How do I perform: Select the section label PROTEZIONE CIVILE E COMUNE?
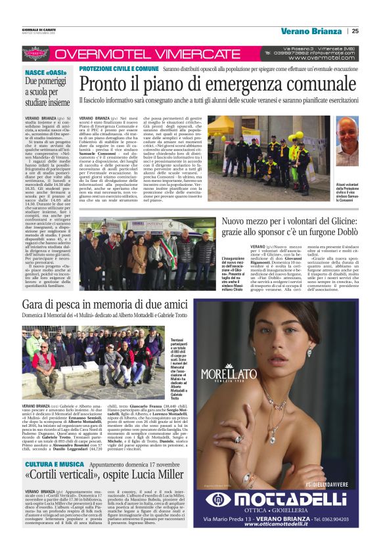pyautogui.click(x=118, y=68)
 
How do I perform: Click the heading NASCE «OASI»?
pyautogui.click(x=44, y=72)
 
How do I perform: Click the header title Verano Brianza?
pyautogui.click(x=311, y=30)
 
